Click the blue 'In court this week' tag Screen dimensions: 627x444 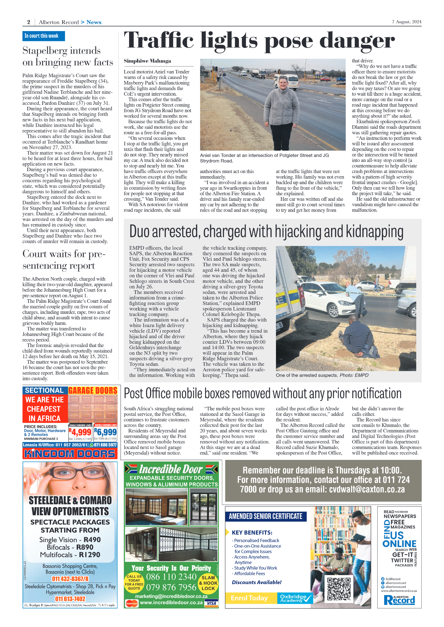(43, 36)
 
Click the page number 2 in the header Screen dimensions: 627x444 (29, 22)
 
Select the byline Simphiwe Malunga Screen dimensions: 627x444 (147, 61)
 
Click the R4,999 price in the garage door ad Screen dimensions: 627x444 (80, 432)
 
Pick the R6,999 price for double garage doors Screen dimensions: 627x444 (105, 432)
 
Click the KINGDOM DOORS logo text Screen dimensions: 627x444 (70, 454)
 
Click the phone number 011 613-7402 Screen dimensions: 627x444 (70, 599)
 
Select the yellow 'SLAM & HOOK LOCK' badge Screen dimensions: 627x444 (208, 583)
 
